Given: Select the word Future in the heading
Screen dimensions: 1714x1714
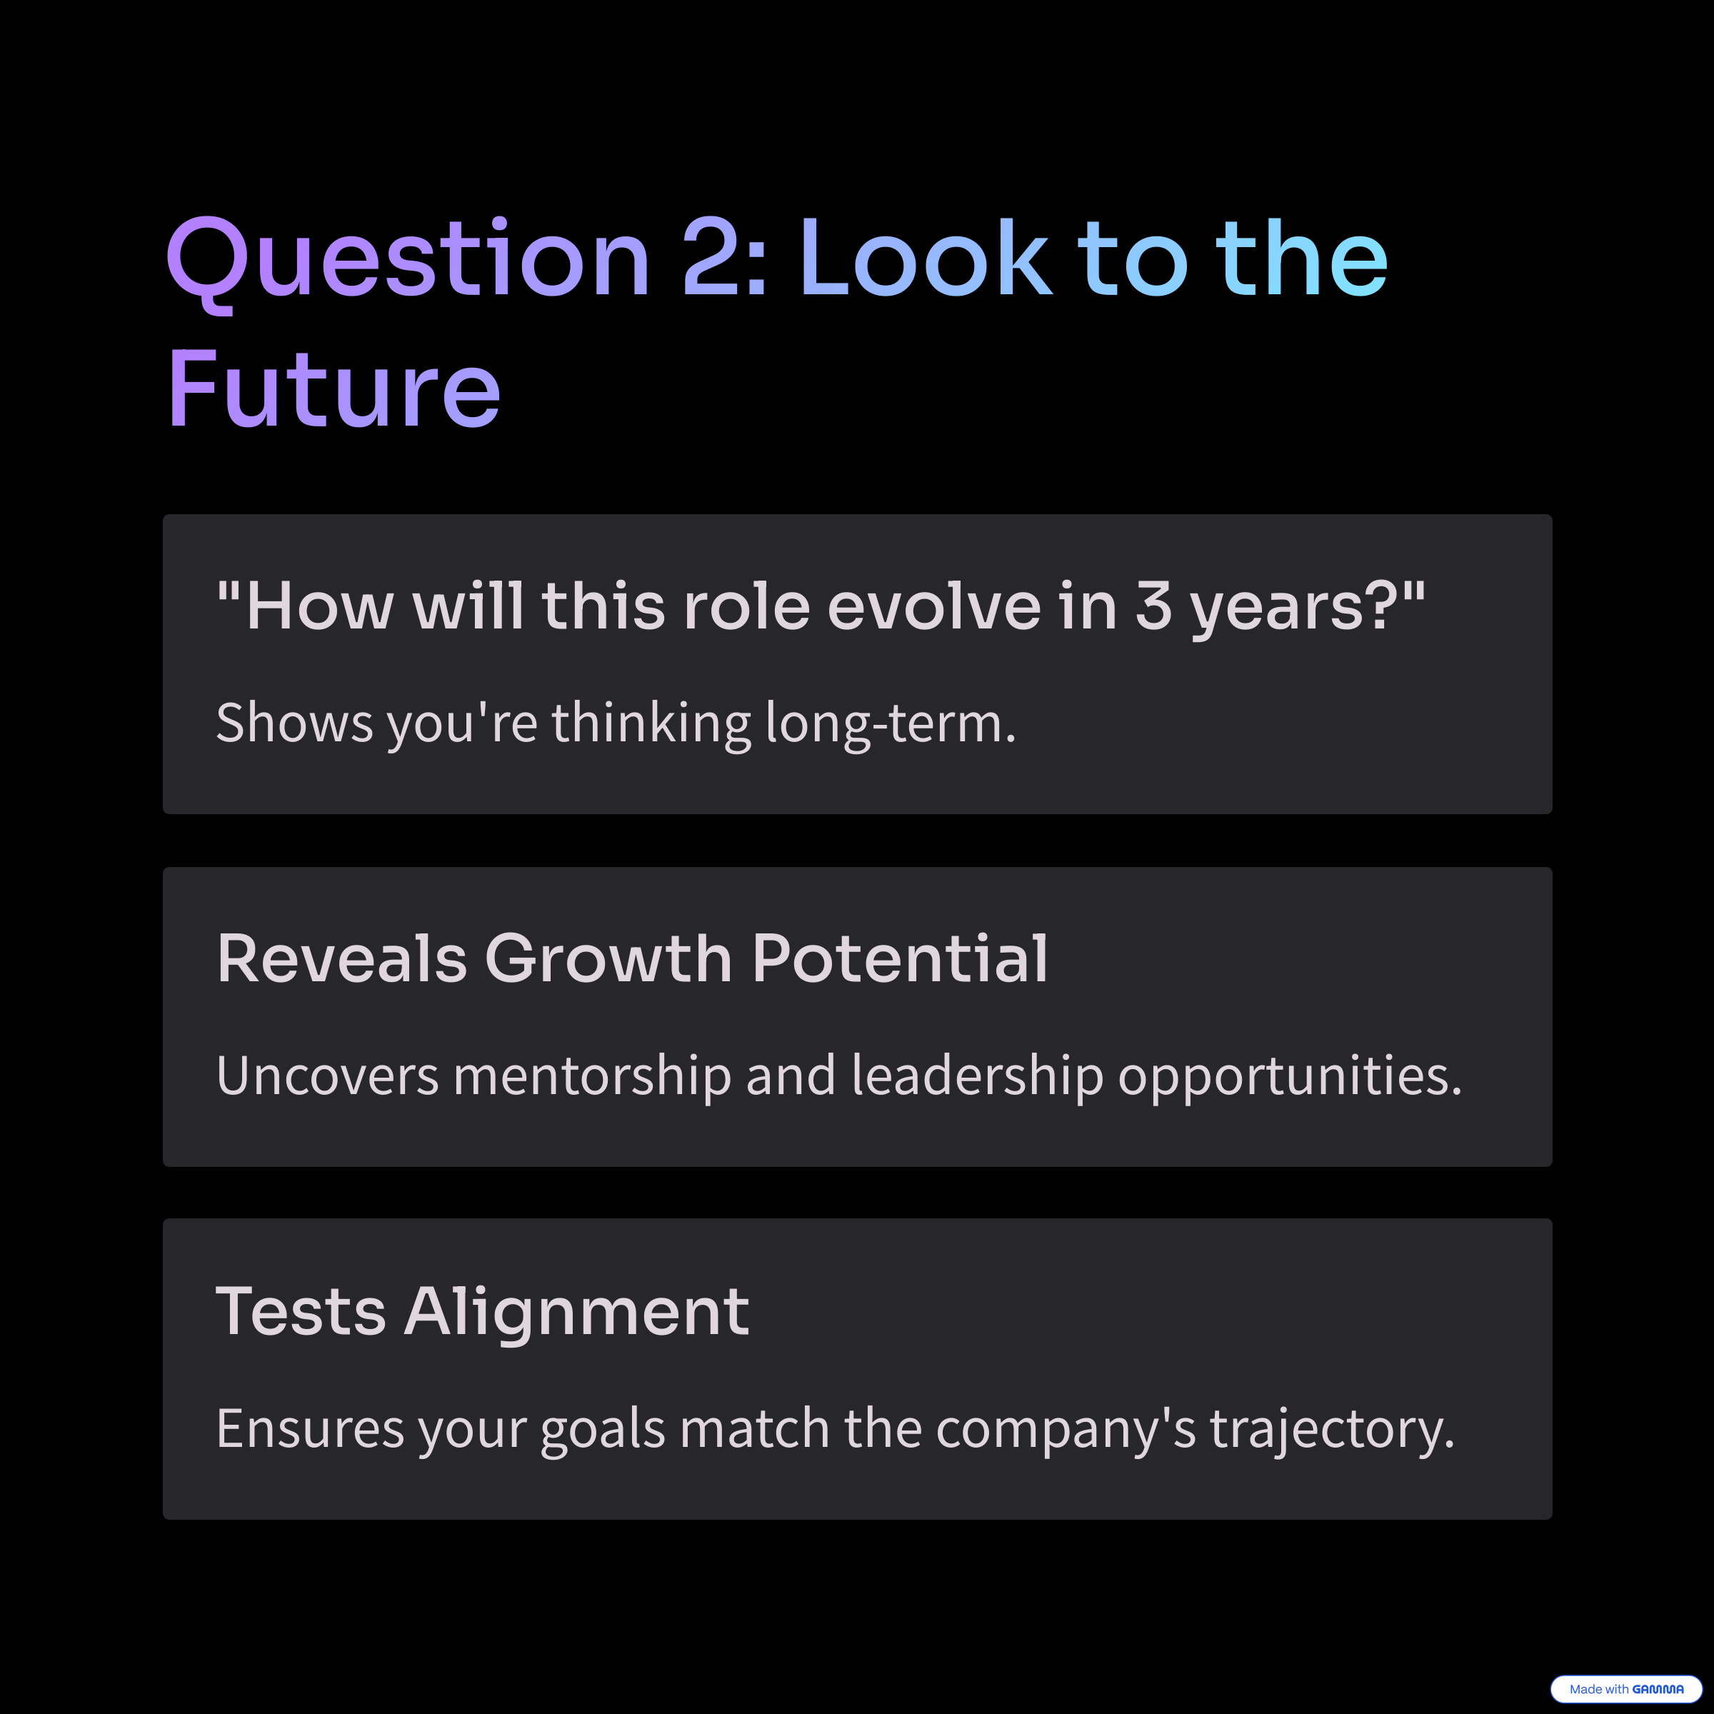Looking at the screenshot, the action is pyautogui.click(x=334, y=388).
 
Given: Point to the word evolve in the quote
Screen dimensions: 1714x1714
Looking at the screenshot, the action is pyautogui.click(x=933, y=607).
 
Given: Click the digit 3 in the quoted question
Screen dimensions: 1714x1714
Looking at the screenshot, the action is pyautogui.click(x=1153, y=607).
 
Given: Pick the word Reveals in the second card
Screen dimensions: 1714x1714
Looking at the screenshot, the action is pyautogui.click(x=341, y=959).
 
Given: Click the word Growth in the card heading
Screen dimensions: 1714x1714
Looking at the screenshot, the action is pyautogui.click(x=608, y=959).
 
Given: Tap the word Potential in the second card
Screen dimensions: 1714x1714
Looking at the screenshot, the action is pyautogui.click(x=900, y=959).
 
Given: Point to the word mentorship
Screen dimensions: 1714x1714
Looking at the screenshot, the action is pyautogui.click(x=592, y=1076).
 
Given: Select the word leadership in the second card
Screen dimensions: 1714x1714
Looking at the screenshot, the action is pyautogui.click(x=978, y=1076).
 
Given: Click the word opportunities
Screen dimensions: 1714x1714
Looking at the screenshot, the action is pyautogui.click(x=1289, y=1076).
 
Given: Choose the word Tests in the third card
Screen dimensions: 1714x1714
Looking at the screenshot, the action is pyautogui.click(x=301, y=1311).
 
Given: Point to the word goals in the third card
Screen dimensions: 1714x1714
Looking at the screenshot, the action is pyautogui.click(x=602, y=1429).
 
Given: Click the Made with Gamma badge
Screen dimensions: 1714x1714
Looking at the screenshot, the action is pyautogui.click(x=1626, y=1689).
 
